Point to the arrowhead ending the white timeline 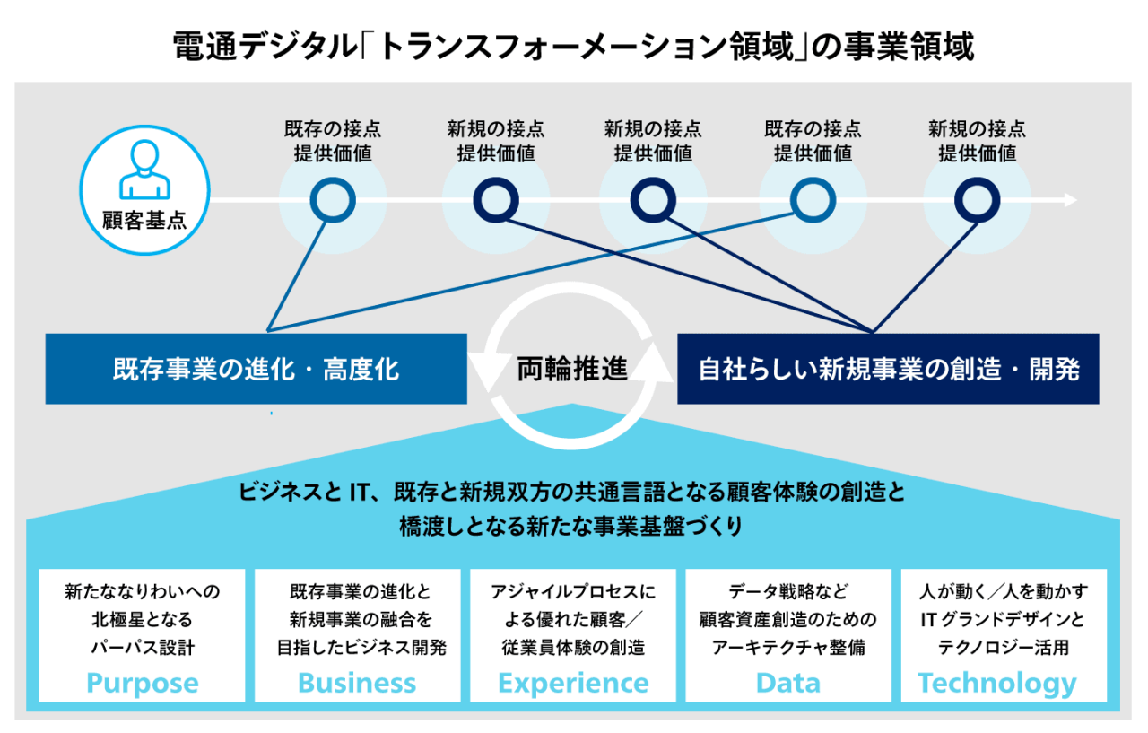(x=1070, y=200)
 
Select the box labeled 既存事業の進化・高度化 (x=256, y=369)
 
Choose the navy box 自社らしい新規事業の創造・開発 (x=888, y=369)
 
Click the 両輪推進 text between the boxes (x=571, y=369)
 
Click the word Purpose (x=142, y=683)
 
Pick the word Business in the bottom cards (x=357, y=683)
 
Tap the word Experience (x=572, y=683)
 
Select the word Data (x=787, y=683)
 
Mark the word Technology (x=996, y=683)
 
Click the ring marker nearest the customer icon (x=332, y=200)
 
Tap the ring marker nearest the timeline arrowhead (x=977, y=200)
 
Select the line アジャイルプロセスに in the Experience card (x=572, y=592)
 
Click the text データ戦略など (x=787, y=592)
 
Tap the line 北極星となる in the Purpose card (x=142, y=619)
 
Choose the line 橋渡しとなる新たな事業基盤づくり (x=571, y=527)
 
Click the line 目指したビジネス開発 (x=357, y=646)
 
